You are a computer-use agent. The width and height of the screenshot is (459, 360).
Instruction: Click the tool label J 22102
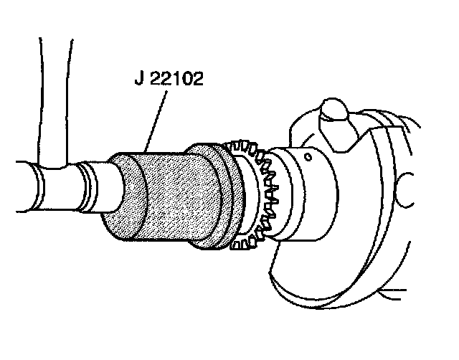click(169, 78)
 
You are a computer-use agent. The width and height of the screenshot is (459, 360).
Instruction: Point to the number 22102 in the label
click(176, 78)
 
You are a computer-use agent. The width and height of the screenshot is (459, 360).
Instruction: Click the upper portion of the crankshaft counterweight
click(373, 143)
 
